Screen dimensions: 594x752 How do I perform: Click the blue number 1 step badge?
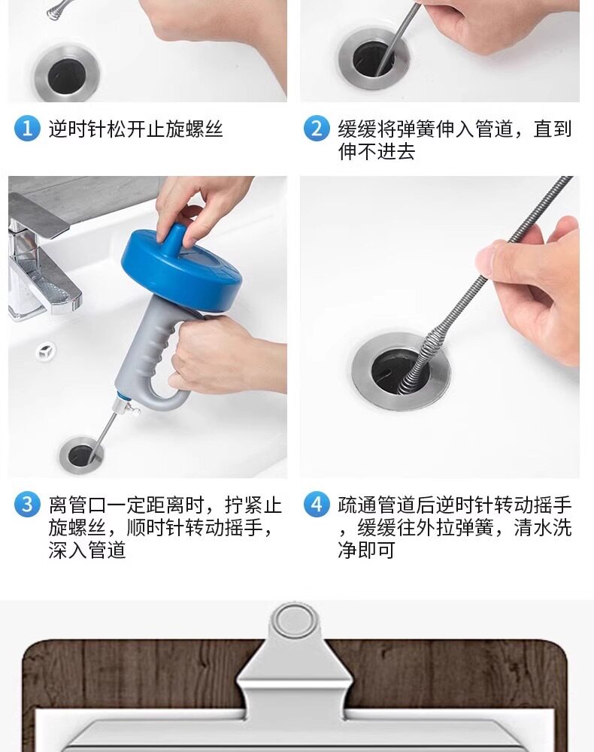pyautogui.click(x=27, y=129)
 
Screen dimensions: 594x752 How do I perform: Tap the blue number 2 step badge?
pyautogui.click(x=317, y=129)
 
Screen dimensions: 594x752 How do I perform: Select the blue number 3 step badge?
pyautogui.click(x=27, y=504)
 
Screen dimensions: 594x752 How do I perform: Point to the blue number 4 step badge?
pyautogui.click(x=317, y=504)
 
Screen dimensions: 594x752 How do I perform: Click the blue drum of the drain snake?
pyautogui.click(x=181, y=268)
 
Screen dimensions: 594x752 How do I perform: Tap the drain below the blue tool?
pyautogui.click(x=80, y=455)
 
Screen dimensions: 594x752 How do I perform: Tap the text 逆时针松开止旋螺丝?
pyautogui.click(x=135, y=129)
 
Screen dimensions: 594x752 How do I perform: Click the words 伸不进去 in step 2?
pyautogui.click(x=377, y=152)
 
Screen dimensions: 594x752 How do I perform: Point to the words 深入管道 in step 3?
pyautogui.click(x=87, y=550)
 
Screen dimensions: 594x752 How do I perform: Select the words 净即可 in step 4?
pyautogui.click(x=366, y=550)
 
